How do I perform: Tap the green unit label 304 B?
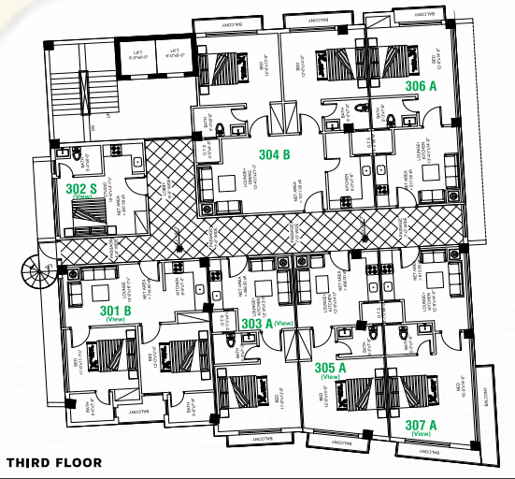(276, 156)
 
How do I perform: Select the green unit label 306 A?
(422, 85)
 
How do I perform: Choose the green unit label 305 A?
(330, 367)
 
